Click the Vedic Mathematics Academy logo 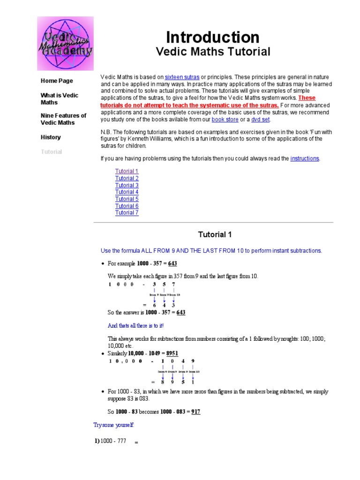pos(65,44)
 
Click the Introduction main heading pos(212,37)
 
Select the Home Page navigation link pos(57,81)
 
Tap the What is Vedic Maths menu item pos(59,98)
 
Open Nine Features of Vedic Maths pos(63,119)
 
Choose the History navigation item pos(51,137)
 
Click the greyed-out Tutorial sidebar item pos(51,152)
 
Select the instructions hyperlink pos(305,159)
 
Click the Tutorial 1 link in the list pos(127,172)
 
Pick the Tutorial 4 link pos(127,192)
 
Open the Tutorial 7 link pos(127,213)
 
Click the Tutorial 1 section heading pos(215,234)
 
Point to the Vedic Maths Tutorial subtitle pos(213,52)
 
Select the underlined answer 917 pos(196,412)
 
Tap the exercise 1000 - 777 pos(113,441)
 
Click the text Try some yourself pos(113,425)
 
